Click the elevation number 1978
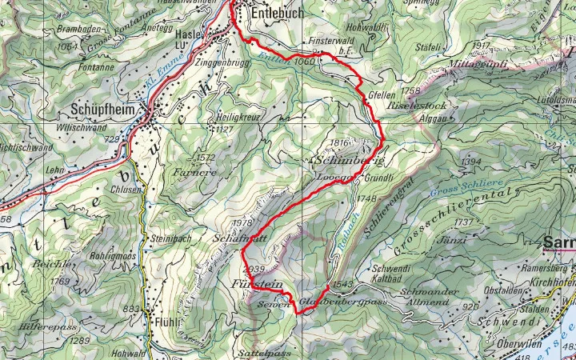coord(241,223)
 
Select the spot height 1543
coord(342,284)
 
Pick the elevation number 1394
coord(471,162)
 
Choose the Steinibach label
coord(167,238)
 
